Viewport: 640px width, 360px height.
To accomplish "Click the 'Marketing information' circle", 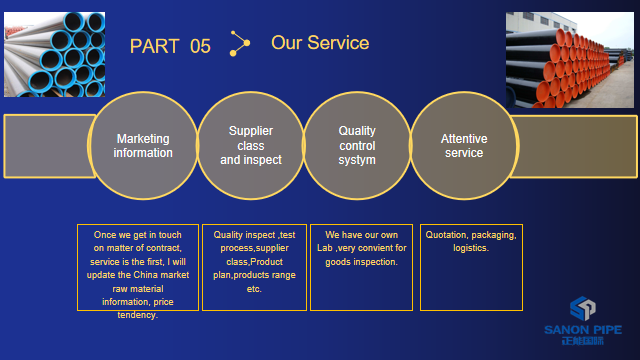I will (142, 146).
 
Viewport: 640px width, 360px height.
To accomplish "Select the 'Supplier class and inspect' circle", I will (251, 146).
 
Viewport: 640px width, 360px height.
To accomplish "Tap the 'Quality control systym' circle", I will (357, 146).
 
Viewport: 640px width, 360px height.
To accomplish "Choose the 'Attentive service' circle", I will (463, 146).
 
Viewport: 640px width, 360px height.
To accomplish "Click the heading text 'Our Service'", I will (319, 43).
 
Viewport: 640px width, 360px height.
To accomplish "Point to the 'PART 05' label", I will (170, 46).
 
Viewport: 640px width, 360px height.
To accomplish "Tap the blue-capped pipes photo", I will (53, 55).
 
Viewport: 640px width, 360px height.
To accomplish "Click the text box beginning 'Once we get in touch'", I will (137, 268).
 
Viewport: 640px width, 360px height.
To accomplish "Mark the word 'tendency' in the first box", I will (136, 314).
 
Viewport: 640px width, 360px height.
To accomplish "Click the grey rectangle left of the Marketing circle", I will (45, 146).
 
